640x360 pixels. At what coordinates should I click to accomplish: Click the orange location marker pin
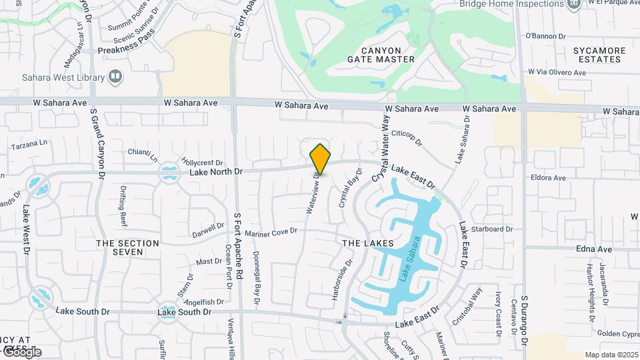tap(321, 159)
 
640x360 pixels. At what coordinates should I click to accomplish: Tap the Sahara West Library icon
tap(116, 77)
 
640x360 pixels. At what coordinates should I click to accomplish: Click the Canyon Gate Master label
tap(381, 55)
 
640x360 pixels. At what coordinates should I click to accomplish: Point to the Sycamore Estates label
tap(600, 55)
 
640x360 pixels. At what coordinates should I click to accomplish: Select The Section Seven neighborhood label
tap(127, 247)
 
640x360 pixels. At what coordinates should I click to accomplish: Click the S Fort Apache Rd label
tap(238, 247)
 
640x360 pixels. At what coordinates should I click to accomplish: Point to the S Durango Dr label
tap(524, 319)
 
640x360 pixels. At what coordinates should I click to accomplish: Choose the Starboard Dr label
tap(491, 229)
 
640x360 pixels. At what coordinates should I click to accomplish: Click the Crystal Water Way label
tap(381, 147)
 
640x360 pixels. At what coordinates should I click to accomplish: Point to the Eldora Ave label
tap(548, 178)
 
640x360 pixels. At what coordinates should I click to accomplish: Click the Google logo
tap(21, 352)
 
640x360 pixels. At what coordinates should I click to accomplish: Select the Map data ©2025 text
tap(611, 355)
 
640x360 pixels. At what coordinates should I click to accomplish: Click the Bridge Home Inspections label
tap(512, 4)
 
